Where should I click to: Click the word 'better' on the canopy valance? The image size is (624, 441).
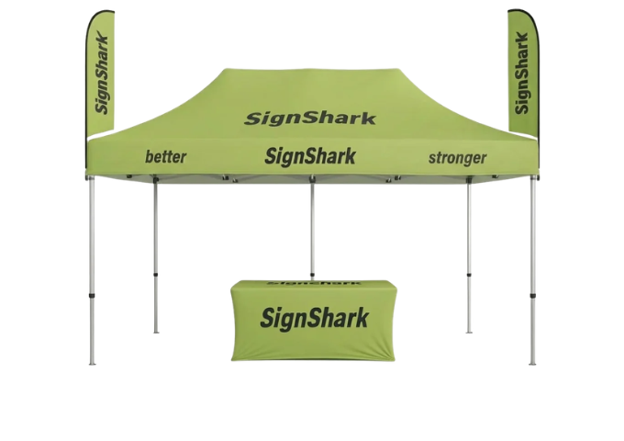click(165, 156)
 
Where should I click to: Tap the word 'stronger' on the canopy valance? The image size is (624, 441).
click(457, 158)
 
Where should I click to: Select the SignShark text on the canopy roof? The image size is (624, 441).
click(310, 119)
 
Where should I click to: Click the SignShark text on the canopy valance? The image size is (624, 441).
click(310, 156)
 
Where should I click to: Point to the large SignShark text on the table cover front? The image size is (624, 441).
click(315, 318)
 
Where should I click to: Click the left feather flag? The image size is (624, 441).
click(101, 72)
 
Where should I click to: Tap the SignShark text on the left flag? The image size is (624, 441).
click(102, 74)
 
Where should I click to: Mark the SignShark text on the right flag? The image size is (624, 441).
click(522, 73)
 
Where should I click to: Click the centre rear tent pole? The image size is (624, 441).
click(312, 227)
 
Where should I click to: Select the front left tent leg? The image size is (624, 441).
click(92, 271)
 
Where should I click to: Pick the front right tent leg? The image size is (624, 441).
click(532, 271)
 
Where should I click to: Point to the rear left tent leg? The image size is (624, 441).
click(156, 255)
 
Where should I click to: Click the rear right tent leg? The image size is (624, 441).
click(469, 255)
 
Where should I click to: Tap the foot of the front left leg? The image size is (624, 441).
click(92, 363)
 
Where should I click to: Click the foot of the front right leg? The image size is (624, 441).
click(532, 363)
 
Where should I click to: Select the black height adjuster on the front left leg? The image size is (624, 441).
click(92, 297)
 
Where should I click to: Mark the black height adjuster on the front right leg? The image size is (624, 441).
click(532, 297)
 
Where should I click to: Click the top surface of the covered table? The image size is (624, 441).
click(313, 284)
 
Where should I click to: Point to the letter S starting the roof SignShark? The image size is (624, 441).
click(252, 119)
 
